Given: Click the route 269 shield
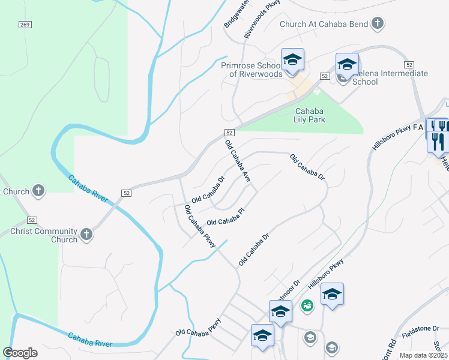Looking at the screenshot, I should (25, 25).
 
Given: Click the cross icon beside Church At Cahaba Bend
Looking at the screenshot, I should (377, 24).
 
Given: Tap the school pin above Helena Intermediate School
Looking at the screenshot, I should (347, 64).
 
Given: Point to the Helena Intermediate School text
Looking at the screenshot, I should (390, 77).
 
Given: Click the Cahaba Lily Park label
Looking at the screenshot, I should (310, 115).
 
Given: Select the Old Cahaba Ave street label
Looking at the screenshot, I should (237, 160).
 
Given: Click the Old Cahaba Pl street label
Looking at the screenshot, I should (226, 218).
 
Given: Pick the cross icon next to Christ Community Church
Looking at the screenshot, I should (86, 234).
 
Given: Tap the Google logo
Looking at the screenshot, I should (20, 353).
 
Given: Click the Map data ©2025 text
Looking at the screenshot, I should (421, 355).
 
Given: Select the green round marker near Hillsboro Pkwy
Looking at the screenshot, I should (307, 305).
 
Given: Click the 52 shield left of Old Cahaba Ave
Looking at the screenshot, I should (229, 132).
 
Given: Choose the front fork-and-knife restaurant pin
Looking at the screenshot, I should (438, 142).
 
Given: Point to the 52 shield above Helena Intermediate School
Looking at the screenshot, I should (324, 76).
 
